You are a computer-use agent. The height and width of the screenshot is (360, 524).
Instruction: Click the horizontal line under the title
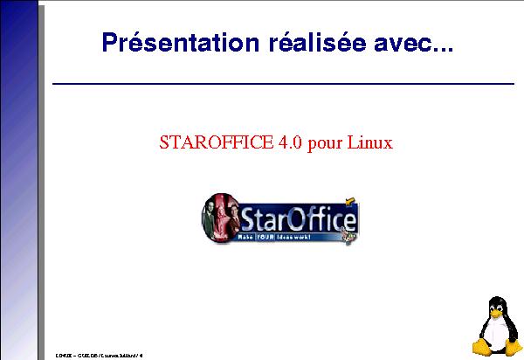tap(283, 84)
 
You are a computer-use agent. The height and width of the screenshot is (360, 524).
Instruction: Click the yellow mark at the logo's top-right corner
tap(348, 199)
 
